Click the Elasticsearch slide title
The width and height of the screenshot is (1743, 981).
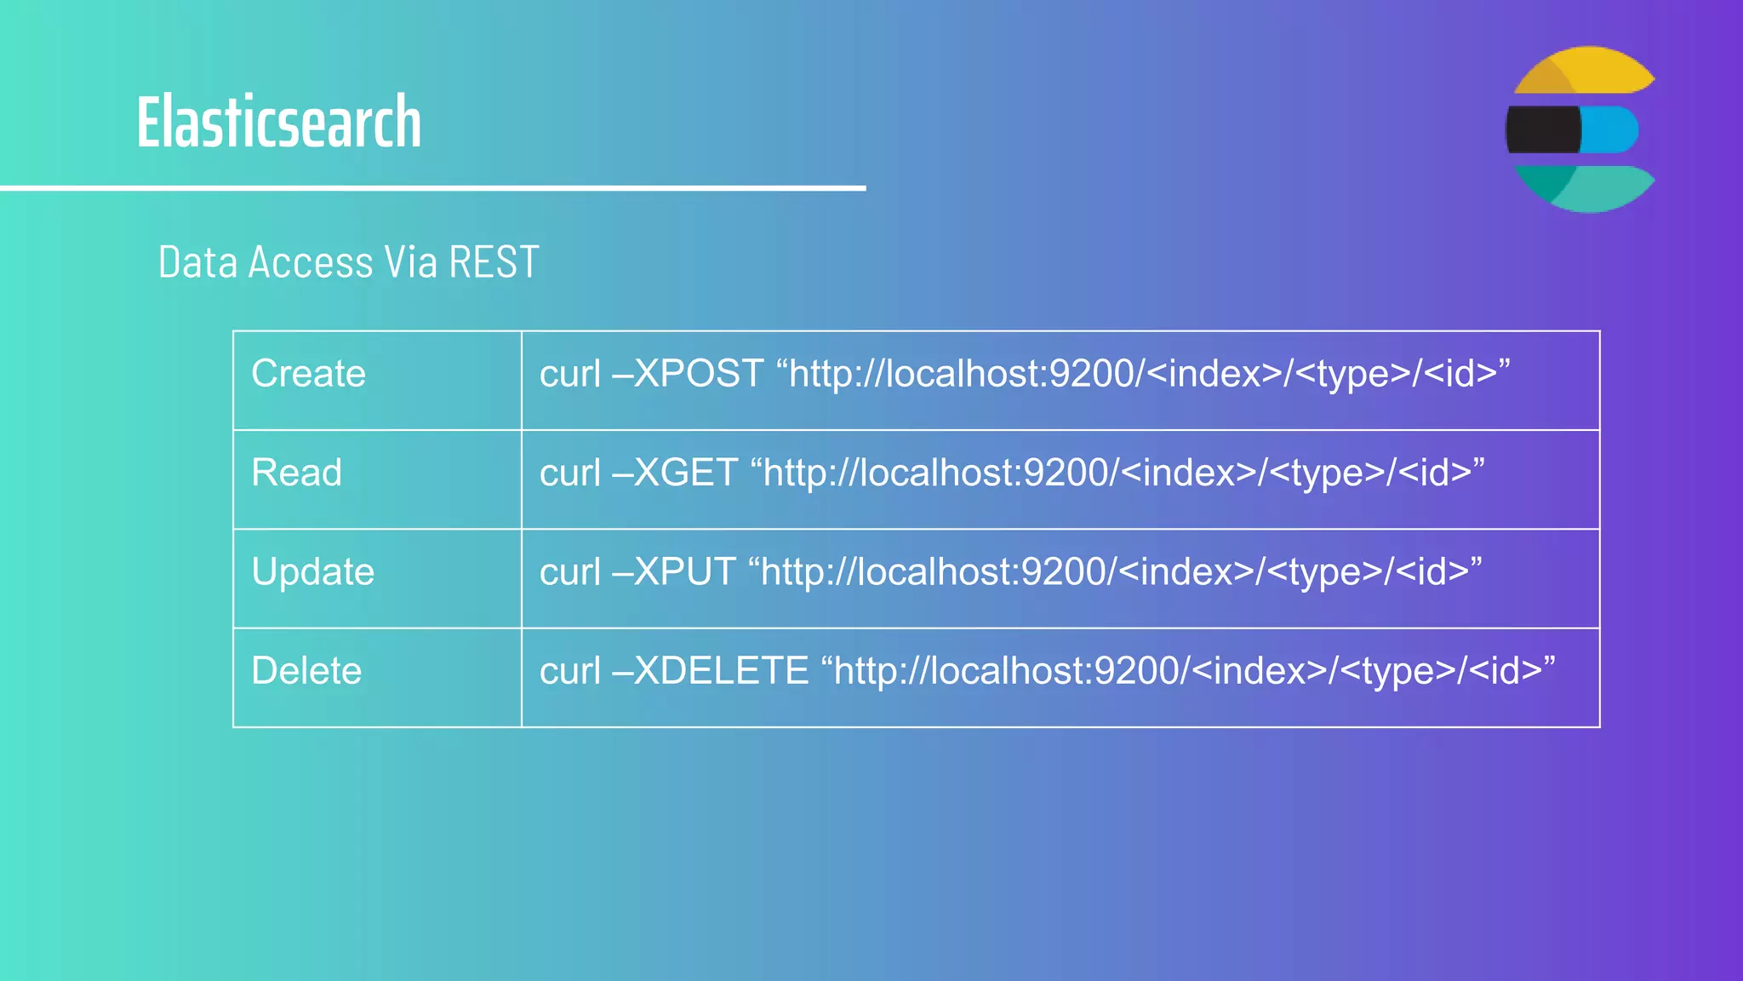coord(278,123)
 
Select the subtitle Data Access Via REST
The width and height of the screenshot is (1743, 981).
coord(348,262)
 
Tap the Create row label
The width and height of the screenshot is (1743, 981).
coord(308,374)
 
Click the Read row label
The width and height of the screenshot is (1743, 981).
coord(296,473)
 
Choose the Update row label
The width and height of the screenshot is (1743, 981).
coord(312,571)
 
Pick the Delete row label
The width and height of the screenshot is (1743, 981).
coord(306,671)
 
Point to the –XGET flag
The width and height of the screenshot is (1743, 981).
coord(675,473)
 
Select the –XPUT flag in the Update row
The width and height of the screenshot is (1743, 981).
coord(673,571)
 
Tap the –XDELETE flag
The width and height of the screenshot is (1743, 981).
coord(710,671)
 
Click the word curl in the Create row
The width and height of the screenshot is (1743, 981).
coord(569,374)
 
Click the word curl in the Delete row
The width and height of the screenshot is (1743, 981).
coord(569,671)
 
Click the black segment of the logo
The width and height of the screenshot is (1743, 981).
coord(1543,129)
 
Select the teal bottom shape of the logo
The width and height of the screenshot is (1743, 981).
coord(1588,189)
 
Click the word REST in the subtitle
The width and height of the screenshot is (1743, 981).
coord(494,262)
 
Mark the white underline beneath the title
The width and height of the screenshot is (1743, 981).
coord(432,187)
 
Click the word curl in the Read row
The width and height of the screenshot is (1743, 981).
coord(569,473)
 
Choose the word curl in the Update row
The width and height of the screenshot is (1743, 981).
coord(569,571)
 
